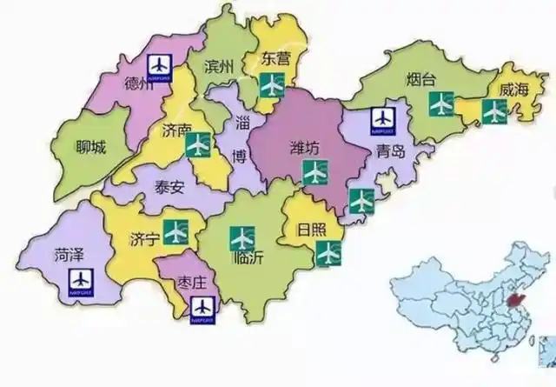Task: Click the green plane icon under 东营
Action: click(273, 85)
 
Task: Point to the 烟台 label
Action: click(420, 80)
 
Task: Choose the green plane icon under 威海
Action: click(493, 110)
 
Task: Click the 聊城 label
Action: click(90, 147)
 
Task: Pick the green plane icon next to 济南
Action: click(199, 143)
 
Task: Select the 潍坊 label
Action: click(305, 149)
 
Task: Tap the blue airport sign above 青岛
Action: click(382, 119)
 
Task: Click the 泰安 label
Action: click(170, 187)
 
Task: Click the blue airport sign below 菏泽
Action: click(81, 281)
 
